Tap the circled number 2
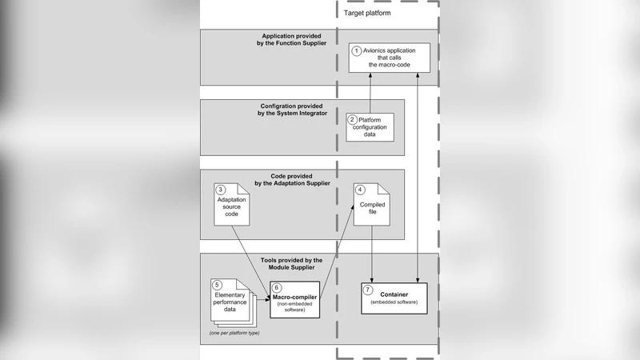click(352, 119)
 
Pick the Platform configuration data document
click(370, 126)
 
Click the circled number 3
click(220, 190)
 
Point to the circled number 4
click(361, 190)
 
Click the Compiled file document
click(373, 206)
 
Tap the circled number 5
click(216, 284)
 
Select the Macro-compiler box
click(294, 300)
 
